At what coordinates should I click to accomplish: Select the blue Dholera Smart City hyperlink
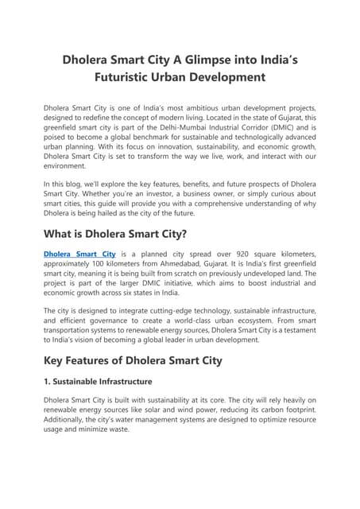pos(79,253)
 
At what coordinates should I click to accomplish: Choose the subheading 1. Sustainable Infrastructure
pos(106,382)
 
